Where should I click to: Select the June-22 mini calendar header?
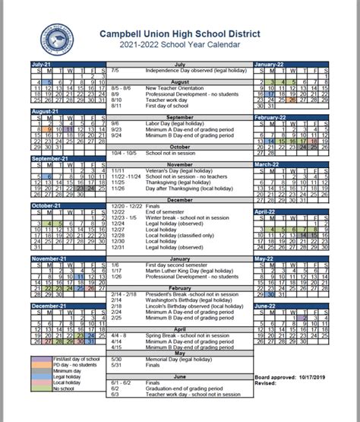pyautogui.click(x=266, y=305)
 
